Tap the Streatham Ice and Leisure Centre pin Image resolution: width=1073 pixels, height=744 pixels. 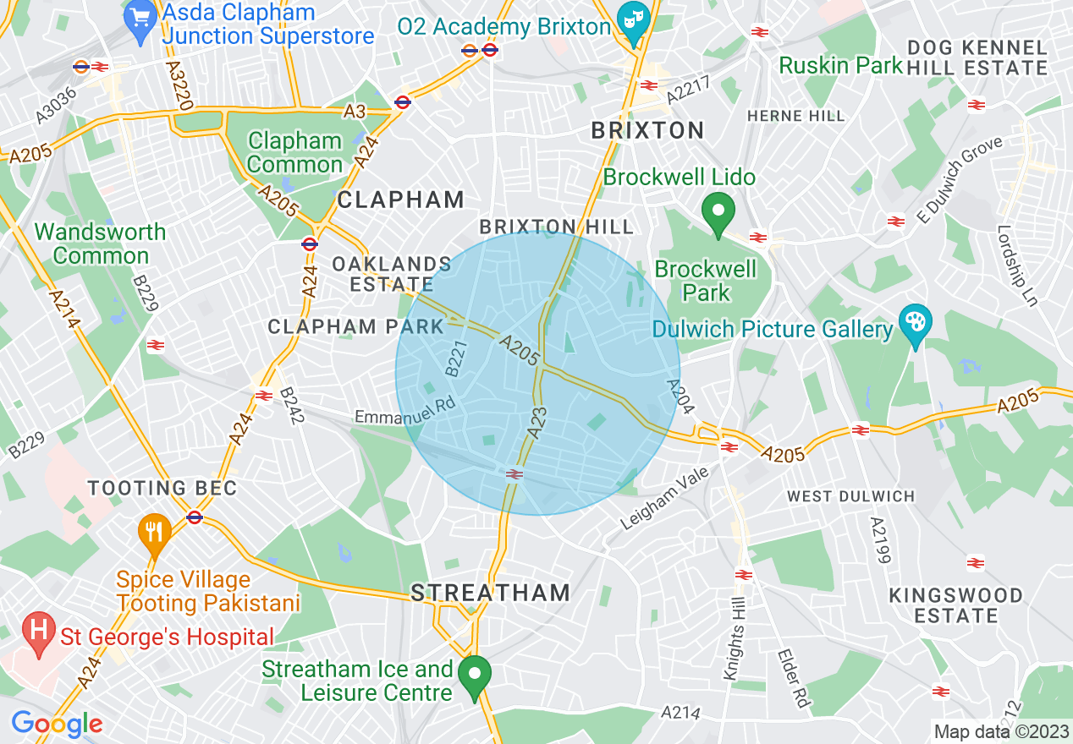tap(475, 676)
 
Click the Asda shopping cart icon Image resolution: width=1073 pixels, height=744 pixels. tap(139, 15)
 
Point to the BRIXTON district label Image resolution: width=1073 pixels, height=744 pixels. tap(647, 130)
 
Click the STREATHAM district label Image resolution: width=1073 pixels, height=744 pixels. tap(491, 593)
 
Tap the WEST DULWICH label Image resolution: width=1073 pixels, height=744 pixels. tap(850, 496)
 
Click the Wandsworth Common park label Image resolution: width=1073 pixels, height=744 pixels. tap(100, 243)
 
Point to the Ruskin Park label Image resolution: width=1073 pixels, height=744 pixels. tap(840, 65)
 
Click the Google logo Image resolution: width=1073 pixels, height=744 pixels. tap(57, 724)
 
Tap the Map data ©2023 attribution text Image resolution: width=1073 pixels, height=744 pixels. tap(1001, 731)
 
